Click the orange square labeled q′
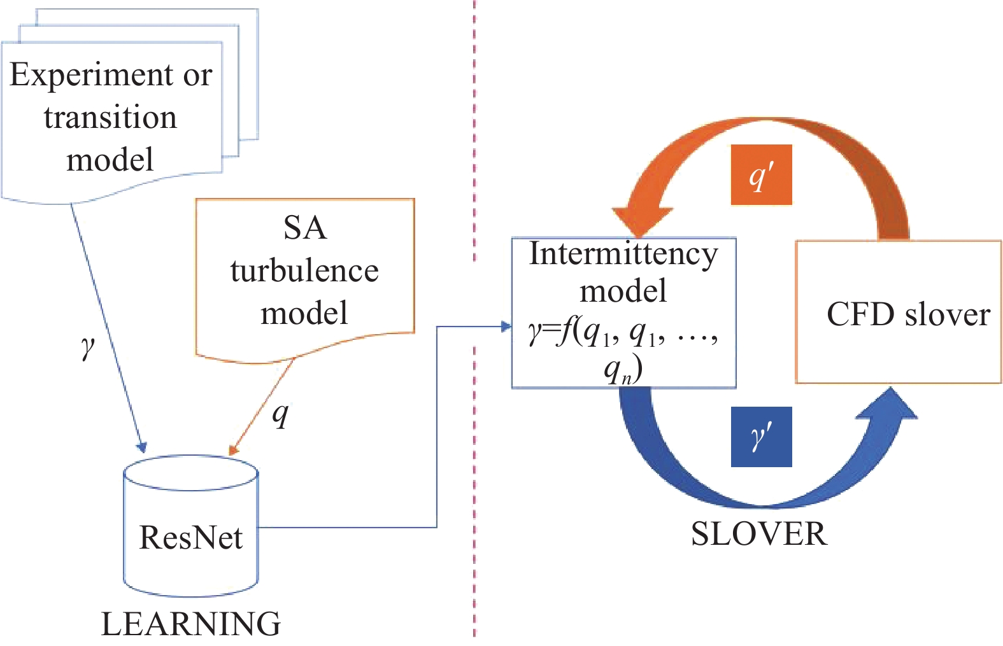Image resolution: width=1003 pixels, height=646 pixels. pyautogui.click(x=761, y=175)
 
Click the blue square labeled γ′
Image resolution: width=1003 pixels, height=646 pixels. pyautogui.click(x=761, y=437)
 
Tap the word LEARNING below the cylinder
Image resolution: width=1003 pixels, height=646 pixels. pyautogui.click(x=191, y=624)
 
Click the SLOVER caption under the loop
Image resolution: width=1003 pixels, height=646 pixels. pyautogui.click(x=759, y=534)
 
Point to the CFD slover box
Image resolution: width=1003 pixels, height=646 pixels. pyautogui.click(x=898, y=312)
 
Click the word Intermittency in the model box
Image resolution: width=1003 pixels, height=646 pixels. pyautogui.click(x=623, y=254)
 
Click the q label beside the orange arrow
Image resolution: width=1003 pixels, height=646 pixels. pyautogui.click(x=280, y=414)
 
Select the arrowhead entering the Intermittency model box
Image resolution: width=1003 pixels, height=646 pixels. pyautogui.click(x=507, y=327)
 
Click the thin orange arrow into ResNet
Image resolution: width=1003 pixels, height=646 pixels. pyautogui.click(x=261, y=407)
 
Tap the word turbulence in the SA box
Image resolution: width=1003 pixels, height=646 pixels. pyautogui.click(x=304, y=271)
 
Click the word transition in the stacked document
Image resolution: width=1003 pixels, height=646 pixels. pyautogui.click(x=110, y=118)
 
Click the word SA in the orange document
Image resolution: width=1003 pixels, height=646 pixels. pyautogui.click(x=305, y=228)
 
